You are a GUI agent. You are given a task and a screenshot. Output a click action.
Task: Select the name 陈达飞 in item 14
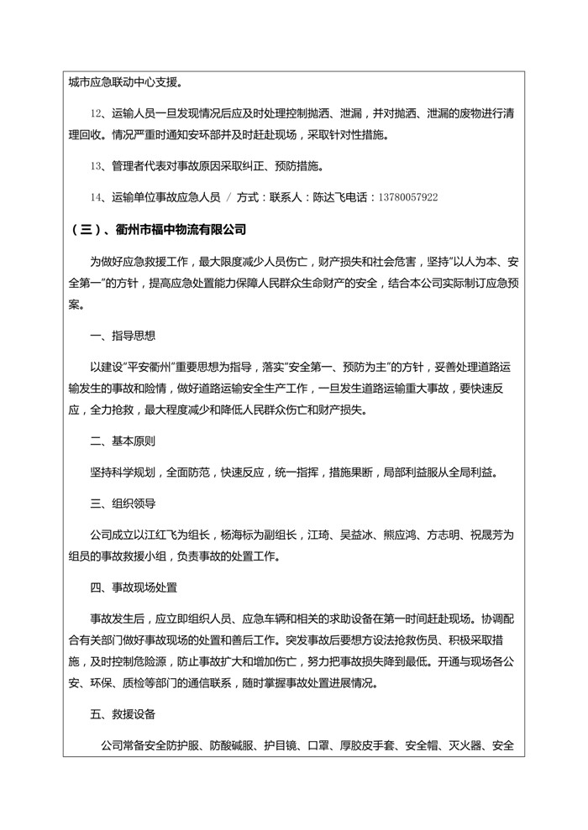click(328, 197)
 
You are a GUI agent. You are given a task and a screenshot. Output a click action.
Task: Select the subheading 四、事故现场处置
click(134, 587)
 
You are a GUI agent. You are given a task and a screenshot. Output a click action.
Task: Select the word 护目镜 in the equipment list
click(281, 745)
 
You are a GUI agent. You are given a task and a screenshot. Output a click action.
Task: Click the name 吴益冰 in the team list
click(356, 535)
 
